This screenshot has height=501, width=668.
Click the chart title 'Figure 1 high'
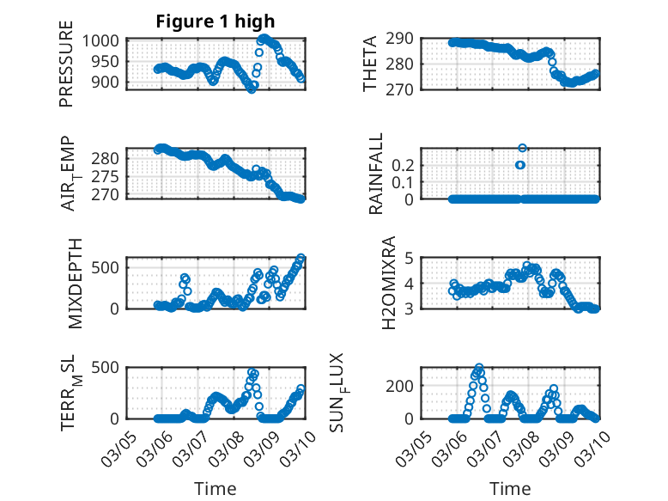pyautogui.click(x=216, y=22)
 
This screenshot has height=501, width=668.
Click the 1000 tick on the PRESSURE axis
pyautogui.click(x=106, y=40)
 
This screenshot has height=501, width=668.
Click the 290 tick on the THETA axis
pyautogui.click(x=404, y=38)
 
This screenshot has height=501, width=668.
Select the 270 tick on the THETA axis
pyautogui.click(x=404, y=89)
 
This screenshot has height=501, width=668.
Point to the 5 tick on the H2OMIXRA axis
pyautogui.click(x=411, y=258)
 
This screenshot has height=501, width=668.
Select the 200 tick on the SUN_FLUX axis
pyautogui.click(x=404, y=386)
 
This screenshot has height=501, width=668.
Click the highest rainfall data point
pyautogui.click(x=522, y=149)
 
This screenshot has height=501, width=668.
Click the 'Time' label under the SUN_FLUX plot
pyautogui.click(x=510, y=488)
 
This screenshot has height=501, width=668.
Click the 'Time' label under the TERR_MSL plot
pyautogui.click(x=216, y=488)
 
